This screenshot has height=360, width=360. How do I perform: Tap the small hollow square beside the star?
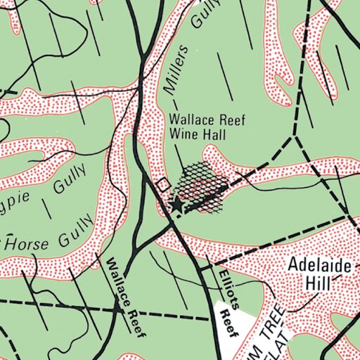[163, 185]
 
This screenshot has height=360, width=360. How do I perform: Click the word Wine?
[184, 132]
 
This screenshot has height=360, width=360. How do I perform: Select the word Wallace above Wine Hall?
[190, 120]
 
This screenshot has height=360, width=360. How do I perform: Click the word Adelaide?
[316, 266]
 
